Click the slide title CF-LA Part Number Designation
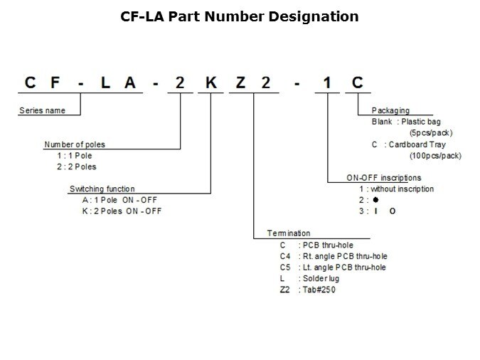[240, 16]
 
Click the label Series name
[41, 110]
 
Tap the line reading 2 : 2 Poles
[77, 166]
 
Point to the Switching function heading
[101, 189]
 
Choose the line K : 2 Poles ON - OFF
[122, 211]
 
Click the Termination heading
[289, 233]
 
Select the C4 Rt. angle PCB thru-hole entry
[334, 255]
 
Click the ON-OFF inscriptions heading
[383, 177]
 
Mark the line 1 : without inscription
[396, 189]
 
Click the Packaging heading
[390, 111]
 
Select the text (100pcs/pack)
[435, 155]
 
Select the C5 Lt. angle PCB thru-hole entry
[334, 267]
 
